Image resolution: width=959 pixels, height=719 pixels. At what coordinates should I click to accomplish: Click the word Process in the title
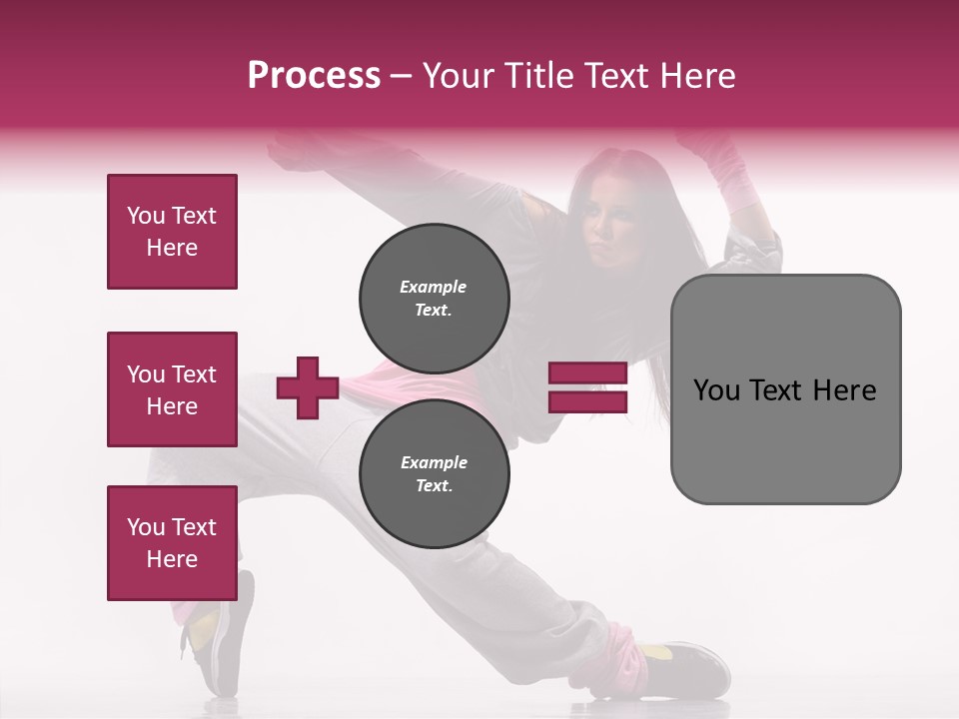[x=314, y=76]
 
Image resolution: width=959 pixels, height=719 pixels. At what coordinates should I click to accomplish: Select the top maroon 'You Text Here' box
[x=172, y=232]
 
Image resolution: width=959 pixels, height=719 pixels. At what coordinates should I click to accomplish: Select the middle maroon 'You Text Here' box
[x=172, y=389]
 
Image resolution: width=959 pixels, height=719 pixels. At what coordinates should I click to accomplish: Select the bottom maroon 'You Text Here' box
[x=172, y=543]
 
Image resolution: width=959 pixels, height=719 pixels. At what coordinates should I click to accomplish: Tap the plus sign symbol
[x=308, y=387]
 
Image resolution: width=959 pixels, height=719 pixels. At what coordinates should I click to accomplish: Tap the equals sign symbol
[x=587, y=387]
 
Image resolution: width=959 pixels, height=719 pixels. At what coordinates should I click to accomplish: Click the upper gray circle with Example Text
[x=434, y=299]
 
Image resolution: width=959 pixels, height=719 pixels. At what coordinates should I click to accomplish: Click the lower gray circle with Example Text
[x=434, y=474]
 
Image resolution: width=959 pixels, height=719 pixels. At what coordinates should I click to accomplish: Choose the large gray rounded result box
[x=785, y=389]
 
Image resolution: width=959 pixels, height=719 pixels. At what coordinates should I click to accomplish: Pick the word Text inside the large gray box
[x=785, y=389]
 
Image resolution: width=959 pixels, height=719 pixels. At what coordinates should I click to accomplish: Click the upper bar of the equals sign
[x=587, y=373]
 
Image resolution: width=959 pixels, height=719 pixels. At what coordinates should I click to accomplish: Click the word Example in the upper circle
[x=434, y=287]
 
